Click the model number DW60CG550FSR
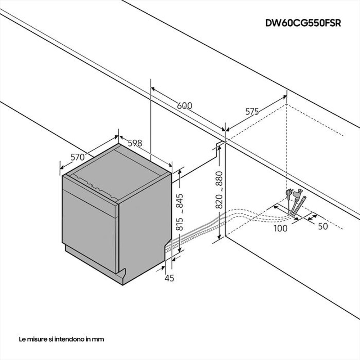303,23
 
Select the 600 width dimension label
185,106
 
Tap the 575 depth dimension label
252,112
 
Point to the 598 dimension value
135,143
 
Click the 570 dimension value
77,157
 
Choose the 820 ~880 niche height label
219,190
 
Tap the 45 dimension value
169,278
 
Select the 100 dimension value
280,228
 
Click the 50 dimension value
323,226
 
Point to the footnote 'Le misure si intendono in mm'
62,339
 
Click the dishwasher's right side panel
144,230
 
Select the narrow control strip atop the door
90,194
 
